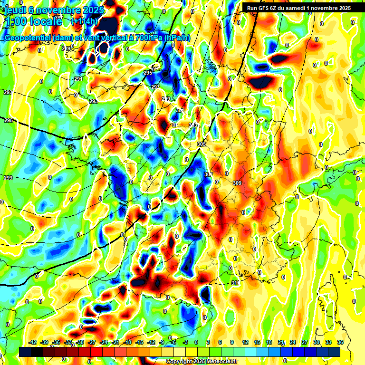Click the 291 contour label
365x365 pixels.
click(78, 79)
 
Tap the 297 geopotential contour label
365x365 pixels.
click(155, 87)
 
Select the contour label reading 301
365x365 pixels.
click(180, 110)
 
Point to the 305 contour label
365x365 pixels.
click(202, 144)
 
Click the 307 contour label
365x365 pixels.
click(209, 174)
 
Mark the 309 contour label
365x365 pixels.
click(238, 183)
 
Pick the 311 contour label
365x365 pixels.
click(235, 283)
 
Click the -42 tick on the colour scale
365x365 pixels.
click(33, 342)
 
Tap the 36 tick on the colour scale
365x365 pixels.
click(340, 342)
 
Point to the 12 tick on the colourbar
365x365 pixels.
click(245, 342)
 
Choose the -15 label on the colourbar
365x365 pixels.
click(140, 342)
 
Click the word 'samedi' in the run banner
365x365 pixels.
click(301, 8)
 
